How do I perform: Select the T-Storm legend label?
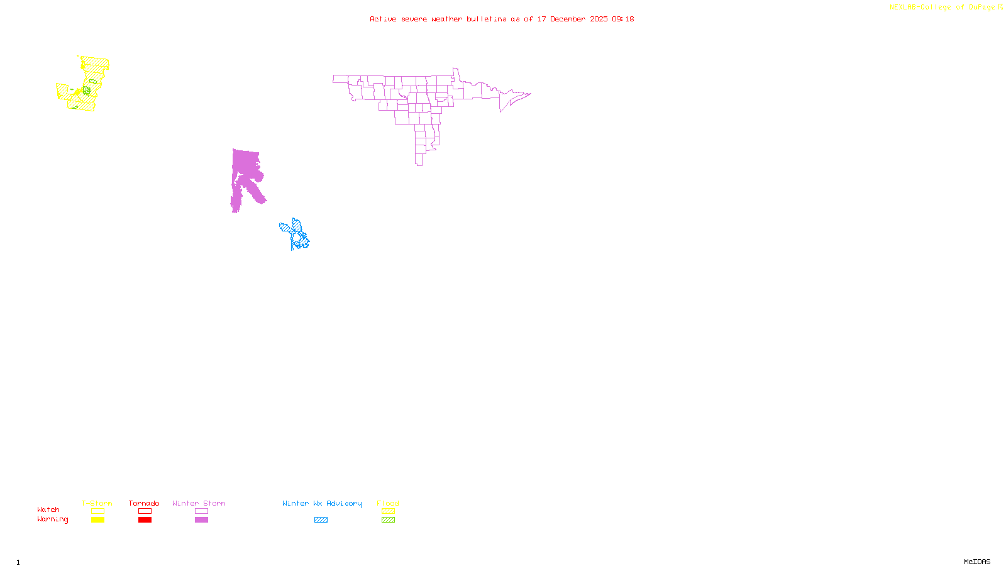[x=97, y=503]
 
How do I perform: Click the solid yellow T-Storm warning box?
[x=97, y=520]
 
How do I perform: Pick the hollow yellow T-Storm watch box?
[x=97, y=511]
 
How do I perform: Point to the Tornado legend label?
[x=144, y=503]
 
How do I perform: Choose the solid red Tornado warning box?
[x=145, y=520]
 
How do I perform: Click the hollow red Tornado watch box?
[x=145, y=511]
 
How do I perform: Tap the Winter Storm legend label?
[x=199, y=503]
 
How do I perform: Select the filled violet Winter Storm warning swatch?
[x=201, y=520]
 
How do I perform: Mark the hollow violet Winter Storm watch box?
[x=201, y=511]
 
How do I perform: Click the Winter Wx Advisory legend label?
[x=322, y=503]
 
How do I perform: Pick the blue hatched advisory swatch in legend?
[x=321, y=520]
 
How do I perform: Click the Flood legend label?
[x=388, y=503]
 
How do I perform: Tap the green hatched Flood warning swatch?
[x=388, y=520]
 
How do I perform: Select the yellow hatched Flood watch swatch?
[x=388, y=511]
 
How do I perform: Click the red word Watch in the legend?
[x=48, y=509]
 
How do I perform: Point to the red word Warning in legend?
[x=52, y=519]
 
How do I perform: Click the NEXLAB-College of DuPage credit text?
[x=942, y=8]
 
